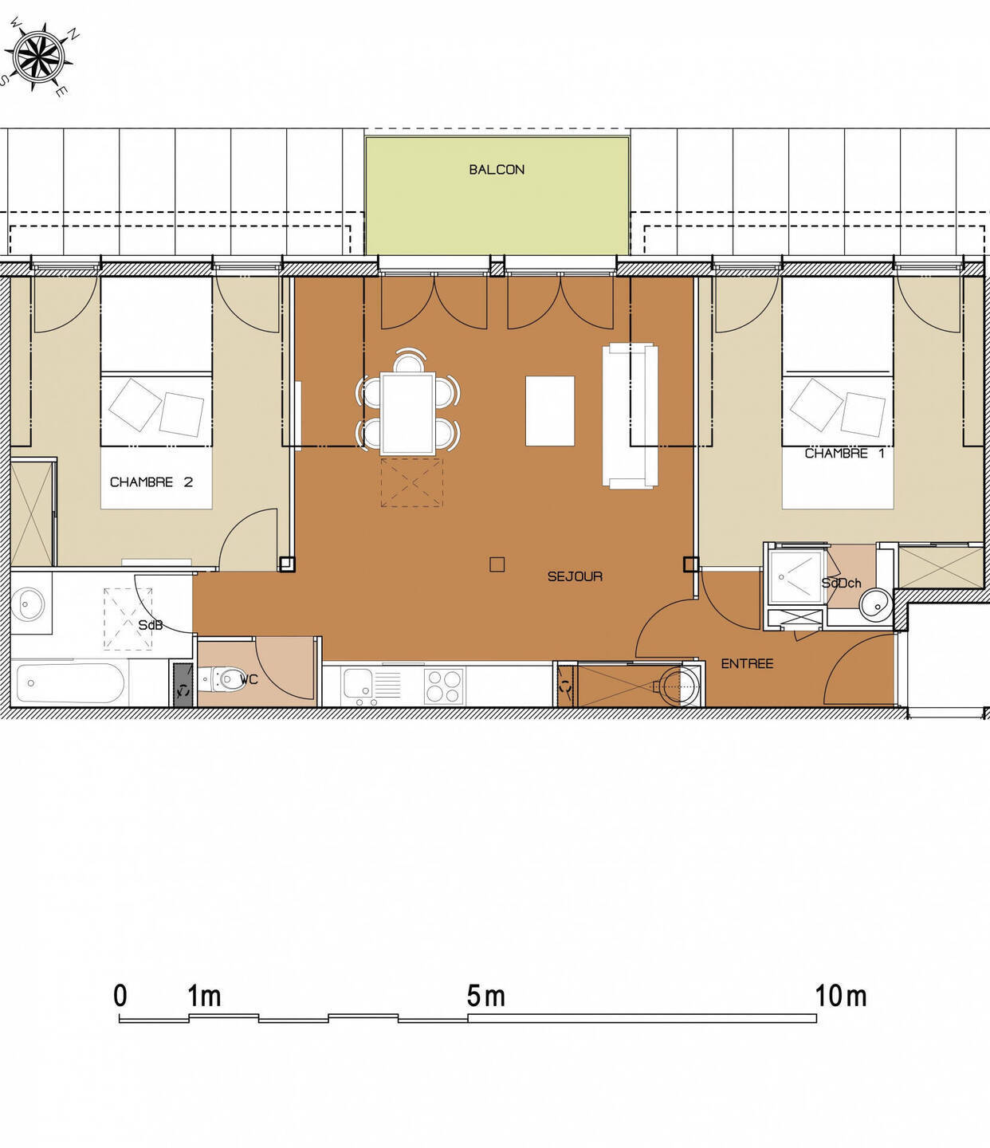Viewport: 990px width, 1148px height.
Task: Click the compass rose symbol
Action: click(x=39, y=57)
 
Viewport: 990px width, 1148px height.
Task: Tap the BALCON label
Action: click(x=497, y=169)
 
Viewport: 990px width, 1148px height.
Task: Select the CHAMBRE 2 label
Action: click(x=151, y=482)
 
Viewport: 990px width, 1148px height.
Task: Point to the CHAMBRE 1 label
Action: click(x=844, y=453)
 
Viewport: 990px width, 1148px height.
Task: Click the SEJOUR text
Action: click(x=575, y=576)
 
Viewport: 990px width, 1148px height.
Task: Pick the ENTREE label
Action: click(x=747, y=663)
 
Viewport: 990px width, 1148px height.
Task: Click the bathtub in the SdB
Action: click(x=70, y=682)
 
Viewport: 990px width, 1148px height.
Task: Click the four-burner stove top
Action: click(x=445, y=686)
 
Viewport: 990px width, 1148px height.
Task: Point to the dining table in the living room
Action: click(x=408, y=413)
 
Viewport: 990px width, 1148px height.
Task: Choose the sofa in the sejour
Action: click(x=631, y=416)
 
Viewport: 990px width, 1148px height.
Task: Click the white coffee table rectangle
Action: click(x=550, y=411)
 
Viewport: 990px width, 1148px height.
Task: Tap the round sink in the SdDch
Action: click(x=876, y=603)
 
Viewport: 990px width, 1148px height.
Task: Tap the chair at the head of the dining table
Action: click(x=408, y=361)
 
